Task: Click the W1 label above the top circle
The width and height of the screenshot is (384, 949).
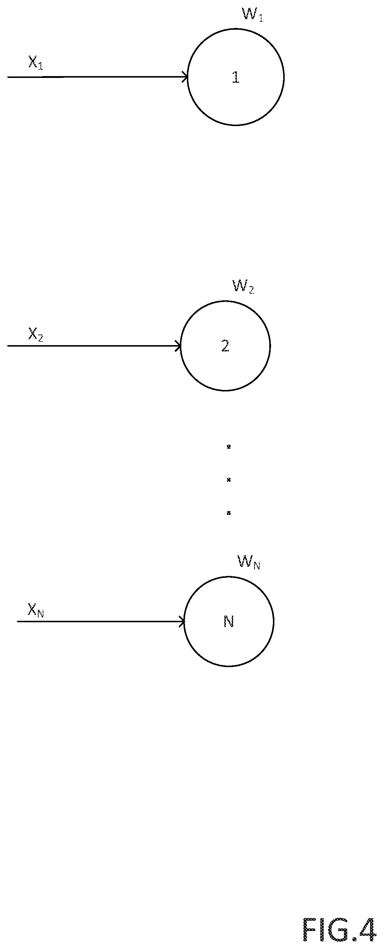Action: click(252, 14)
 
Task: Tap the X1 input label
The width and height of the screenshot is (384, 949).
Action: click(36, 62)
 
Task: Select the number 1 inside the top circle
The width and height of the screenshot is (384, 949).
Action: click(235, 77)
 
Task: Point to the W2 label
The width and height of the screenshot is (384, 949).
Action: click(243, 286)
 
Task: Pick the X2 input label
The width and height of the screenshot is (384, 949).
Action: click(36, 334)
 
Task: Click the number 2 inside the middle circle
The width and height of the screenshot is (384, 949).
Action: click(225, 345)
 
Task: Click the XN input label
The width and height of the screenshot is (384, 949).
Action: click(36, 610)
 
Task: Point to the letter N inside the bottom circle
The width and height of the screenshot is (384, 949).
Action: click(228, 622)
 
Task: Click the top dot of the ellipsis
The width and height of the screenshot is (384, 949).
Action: click(228, 447)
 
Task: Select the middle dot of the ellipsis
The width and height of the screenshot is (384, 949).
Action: click(228, 480)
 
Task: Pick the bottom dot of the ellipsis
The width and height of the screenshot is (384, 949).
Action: click(228, 512)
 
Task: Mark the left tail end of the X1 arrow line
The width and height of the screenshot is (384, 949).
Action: click(8, 77)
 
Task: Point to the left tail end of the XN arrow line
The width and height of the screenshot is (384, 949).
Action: click(18, 622)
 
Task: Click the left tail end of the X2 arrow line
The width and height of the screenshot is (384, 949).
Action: click(8, 346)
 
